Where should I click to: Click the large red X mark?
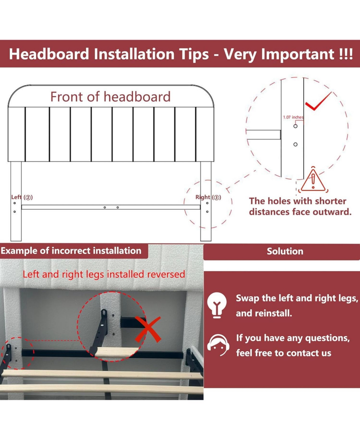148,330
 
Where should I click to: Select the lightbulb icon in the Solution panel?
217,305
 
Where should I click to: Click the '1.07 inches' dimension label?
293,117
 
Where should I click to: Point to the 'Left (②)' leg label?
22,197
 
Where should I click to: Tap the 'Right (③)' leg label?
208,197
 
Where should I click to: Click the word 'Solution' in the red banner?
285,252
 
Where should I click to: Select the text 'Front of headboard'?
110,97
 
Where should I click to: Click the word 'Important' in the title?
298,54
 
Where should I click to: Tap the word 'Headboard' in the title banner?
49,54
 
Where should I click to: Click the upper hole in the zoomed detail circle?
295,126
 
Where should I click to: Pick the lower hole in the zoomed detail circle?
295,144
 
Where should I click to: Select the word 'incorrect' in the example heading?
71,251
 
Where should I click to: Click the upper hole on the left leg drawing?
15,203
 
